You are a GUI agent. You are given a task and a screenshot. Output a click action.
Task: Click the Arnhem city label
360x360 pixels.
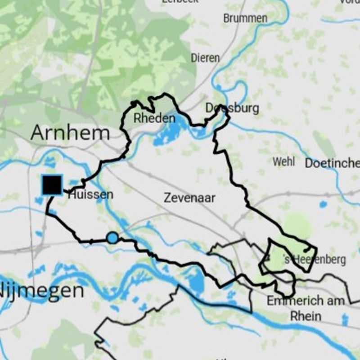click(x=71, y=133)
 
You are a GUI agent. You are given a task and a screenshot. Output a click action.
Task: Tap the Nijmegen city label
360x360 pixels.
click(x=43, y=291)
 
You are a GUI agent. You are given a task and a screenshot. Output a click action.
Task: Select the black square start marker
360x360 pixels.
click(x=52, y=185)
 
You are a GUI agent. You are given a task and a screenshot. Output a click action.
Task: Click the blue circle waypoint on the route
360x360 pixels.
click(x=112, y=238)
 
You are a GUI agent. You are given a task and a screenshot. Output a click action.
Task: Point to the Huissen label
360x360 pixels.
click(x=90, y=195)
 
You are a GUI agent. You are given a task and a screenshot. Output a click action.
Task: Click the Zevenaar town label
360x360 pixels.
click(x=189, y=197)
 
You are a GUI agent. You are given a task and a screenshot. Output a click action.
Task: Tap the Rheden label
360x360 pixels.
click(x=154, y=119)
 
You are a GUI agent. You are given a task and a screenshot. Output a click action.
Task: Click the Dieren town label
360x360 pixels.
click(x=205, y=58)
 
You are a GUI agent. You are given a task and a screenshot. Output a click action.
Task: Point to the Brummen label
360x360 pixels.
click(x=245, y=18)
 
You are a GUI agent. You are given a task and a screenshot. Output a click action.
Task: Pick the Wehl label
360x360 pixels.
click(x=284, y=162)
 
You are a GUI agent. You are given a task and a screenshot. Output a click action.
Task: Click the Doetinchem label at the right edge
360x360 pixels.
click(x=332, y=163)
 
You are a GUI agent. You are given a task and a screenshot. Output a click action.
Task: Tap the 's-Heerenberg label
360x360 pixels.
click(x=315, y=260)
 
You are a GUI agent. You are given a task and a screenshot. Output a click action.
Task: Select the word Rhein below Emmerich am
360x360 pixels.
click(x=306, y=315)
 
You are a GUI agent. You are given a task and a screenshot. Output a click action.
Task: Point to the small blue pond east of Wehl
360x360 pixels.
click(x=323, y=205)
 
